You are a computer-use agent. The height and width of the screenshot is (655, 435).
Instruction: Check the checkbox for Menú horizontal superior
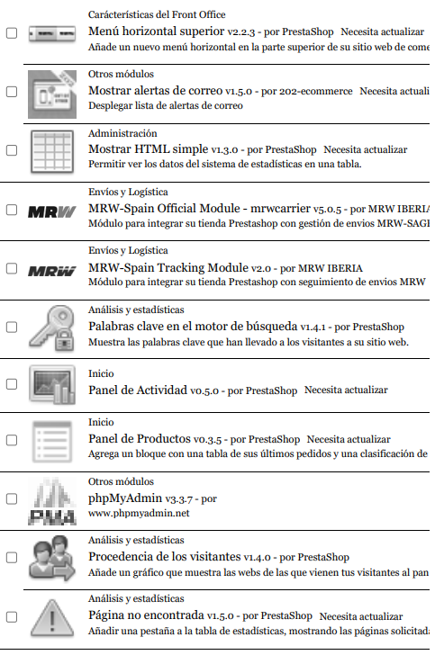click(12, 33)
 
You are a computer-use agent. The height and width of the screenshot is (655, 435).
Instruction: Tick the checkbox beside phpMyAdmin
click(12, 499)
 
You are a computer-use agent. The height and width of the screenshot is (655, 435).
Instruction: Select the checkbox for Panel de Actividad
click(12, 384)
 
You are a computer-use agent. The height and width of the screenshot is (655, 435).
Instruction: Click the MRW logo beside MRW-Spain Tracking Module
click(51, 269)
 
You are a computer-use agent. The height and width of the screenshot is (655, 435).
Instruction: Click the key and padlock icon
click(51, 326)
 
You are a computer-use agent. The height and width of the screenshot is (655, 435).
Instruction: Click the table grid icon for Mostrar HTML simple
click(51, 150)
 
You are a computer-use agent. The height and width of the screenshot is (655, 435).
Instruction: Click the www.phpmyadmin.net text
click(139, 514)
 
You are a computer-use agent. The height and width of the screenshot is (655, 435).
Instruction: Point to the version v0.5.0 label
click(205, 390)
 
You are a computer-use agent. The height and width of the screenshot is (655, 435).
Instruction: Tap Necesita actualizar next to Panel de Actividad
click(346, 390)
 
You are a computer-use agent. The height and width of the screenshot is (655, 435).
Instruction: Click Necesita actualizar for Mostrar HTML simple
click(365, 149)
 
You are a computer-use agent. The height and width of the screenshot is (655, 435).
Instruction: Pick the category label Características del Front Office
click(157, 14)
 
